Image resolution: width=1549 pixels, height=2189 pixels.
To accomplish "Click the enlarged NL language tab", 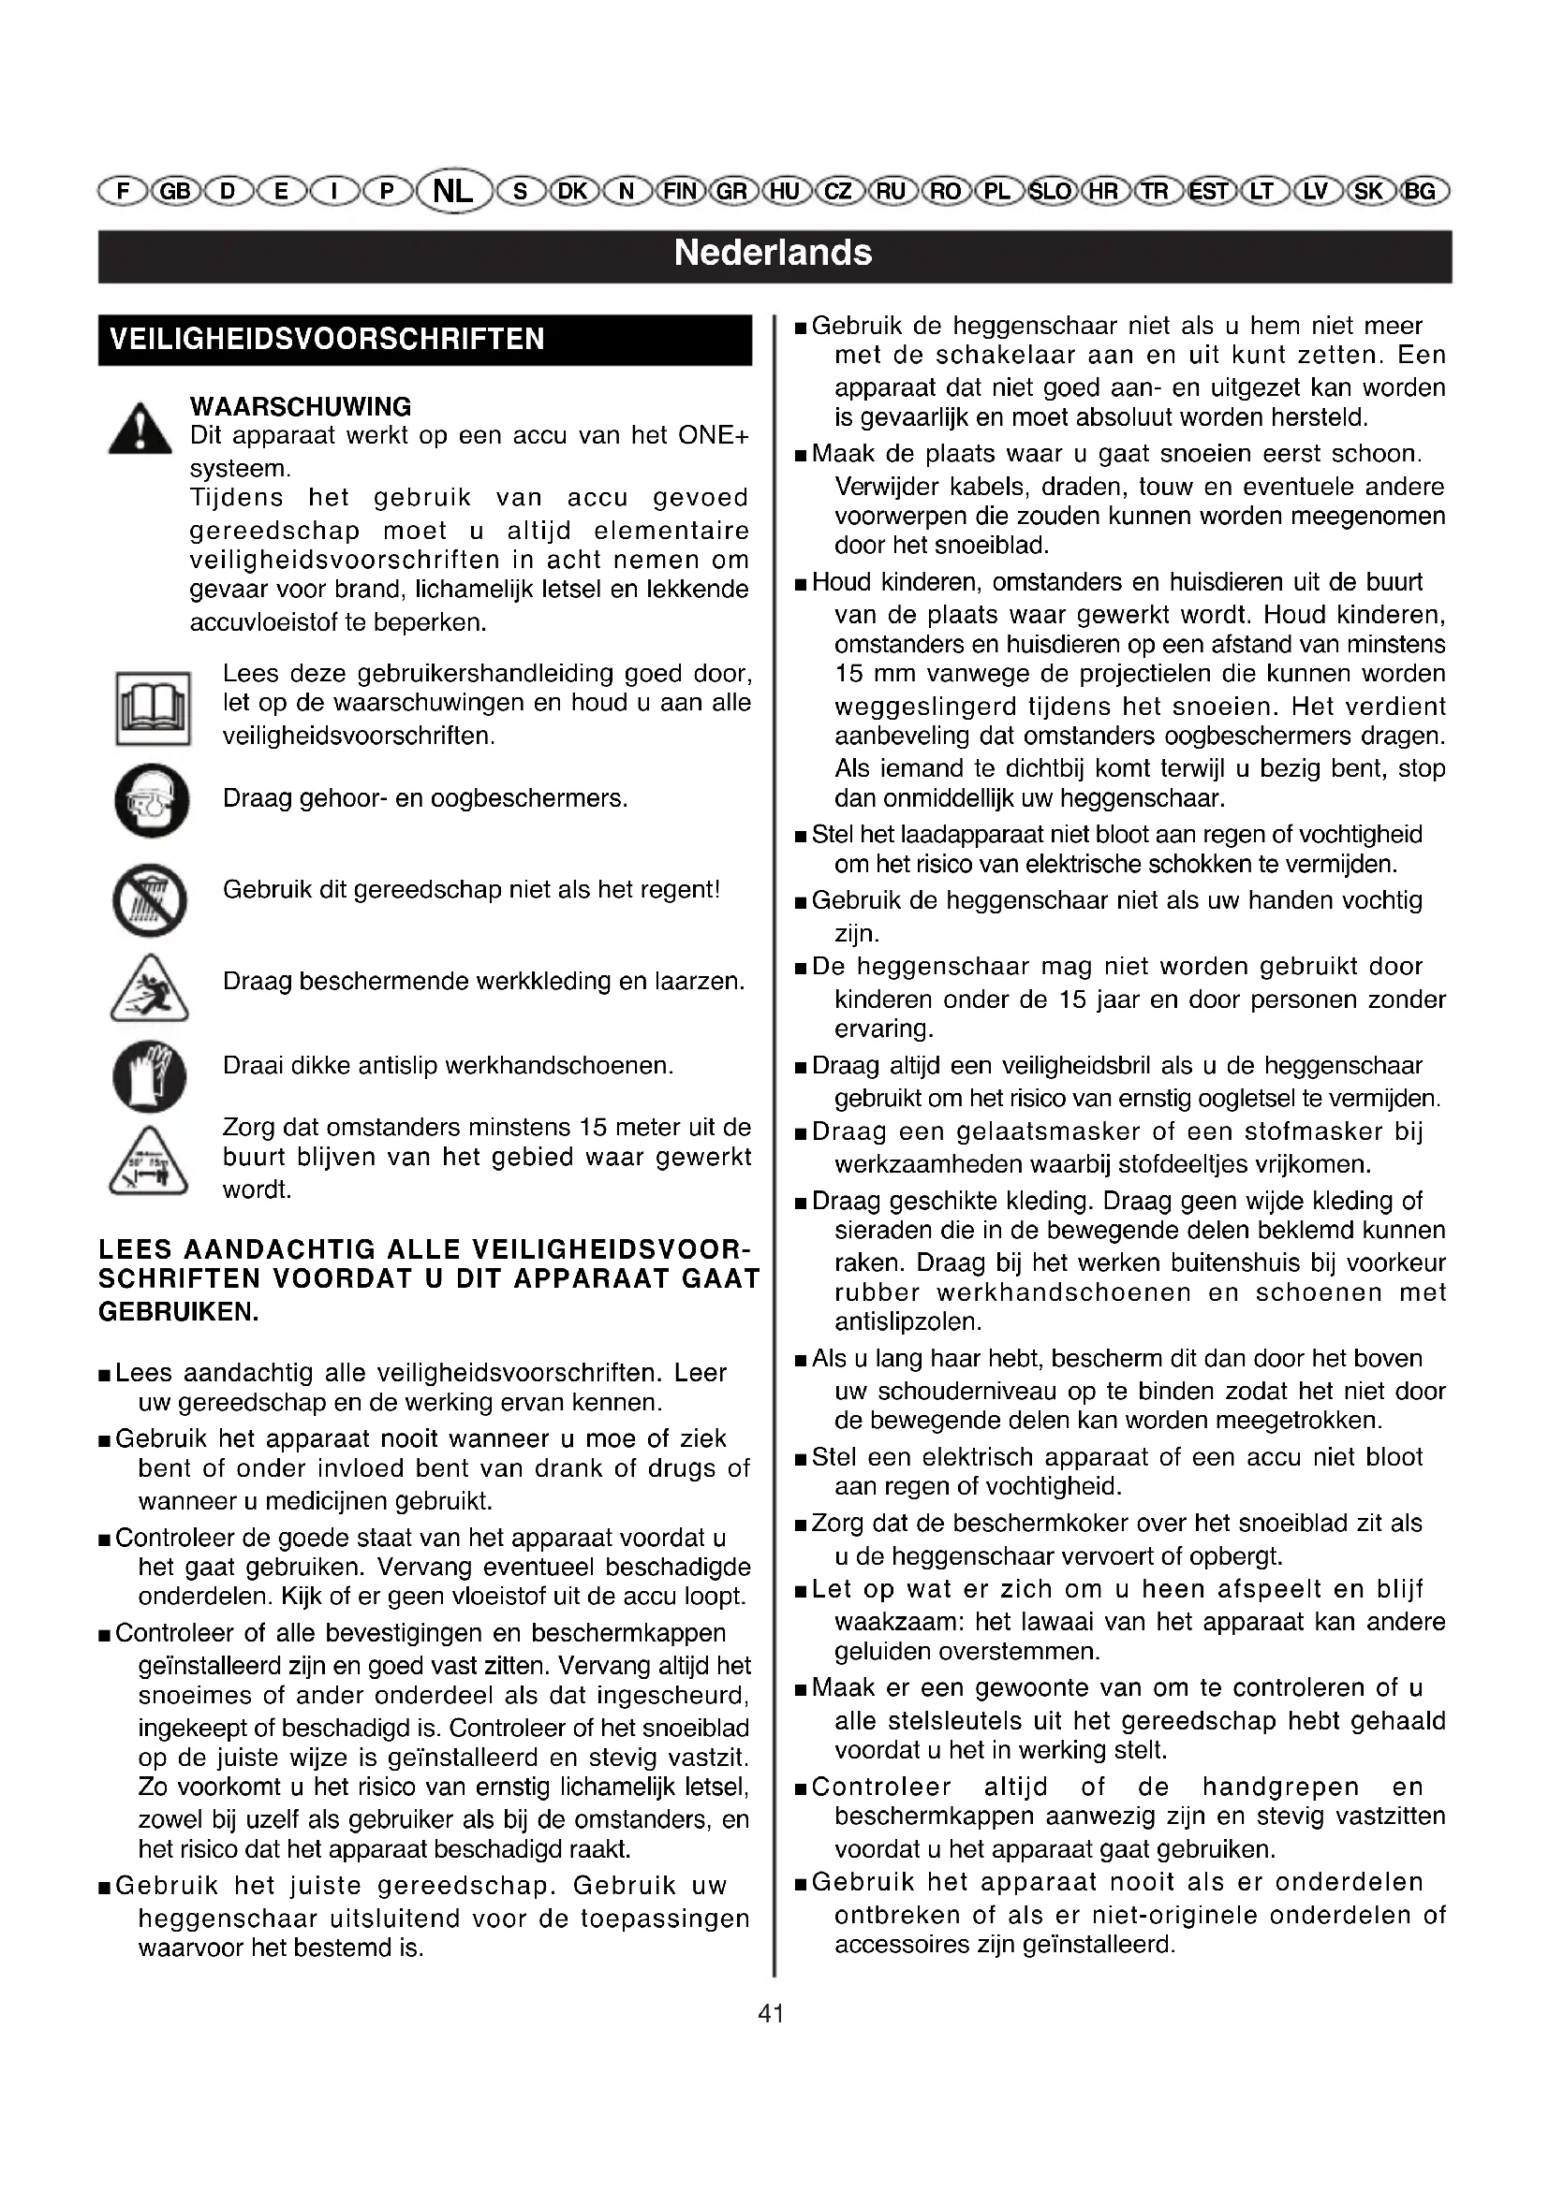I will (x=454, y=192).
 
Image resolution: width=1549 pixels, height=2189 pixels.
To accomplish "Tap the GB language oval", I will (x=174, y=192).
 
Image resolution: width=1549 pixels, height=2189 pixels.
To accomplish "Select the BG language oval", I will (x=1422, y=192).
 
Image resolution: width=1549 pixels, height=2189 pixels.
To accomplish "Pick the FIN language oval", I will (x=680, y=192).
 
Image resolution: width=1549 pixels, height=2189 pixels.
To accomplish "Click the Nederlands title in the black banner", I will (x=773, y=254).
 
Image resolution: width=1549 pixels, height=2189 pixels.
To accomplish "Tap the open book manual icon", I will (x=153, y=708).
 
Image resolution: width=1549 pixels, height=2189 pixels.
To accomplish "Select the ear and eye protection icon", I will (x=152, y=801).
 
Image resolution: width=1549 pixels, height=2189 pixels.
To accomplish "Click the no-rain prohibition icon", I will (x=150, y=900).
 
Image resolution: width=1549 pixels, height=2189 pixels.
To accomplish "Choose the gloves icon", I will (x=150, y=1076).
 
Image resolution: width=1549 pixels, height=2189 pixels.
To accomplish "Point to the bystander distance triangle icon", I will (x=149, y=1161).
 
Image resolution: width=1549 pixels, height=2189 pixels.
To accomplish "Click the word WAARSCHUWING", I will (x=301, y=407).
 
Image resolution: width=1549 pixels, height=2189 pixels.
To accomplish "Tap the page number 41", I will (x=771, y=2014).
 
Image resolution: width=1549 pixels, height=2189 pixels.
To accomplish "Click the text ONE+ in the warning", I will (x=714, y=437).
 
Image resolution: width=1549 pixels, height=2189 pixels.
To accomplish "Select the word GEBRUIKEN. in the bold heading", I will (x=179, y=1312).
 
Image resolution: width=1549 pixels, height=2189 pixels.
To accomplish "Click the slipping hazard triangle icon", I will (x=149, y=988).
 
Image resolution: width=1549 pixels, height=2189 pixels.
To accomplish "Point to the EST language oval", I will (x=1208, y=192).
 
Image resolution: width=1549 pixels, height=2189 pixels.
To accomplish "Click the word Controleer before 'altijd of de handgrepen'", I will (x=881, y=1787).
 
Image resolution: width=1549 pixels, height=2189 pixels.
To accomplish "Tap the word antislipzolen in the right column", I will (x=907, y=1322).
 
